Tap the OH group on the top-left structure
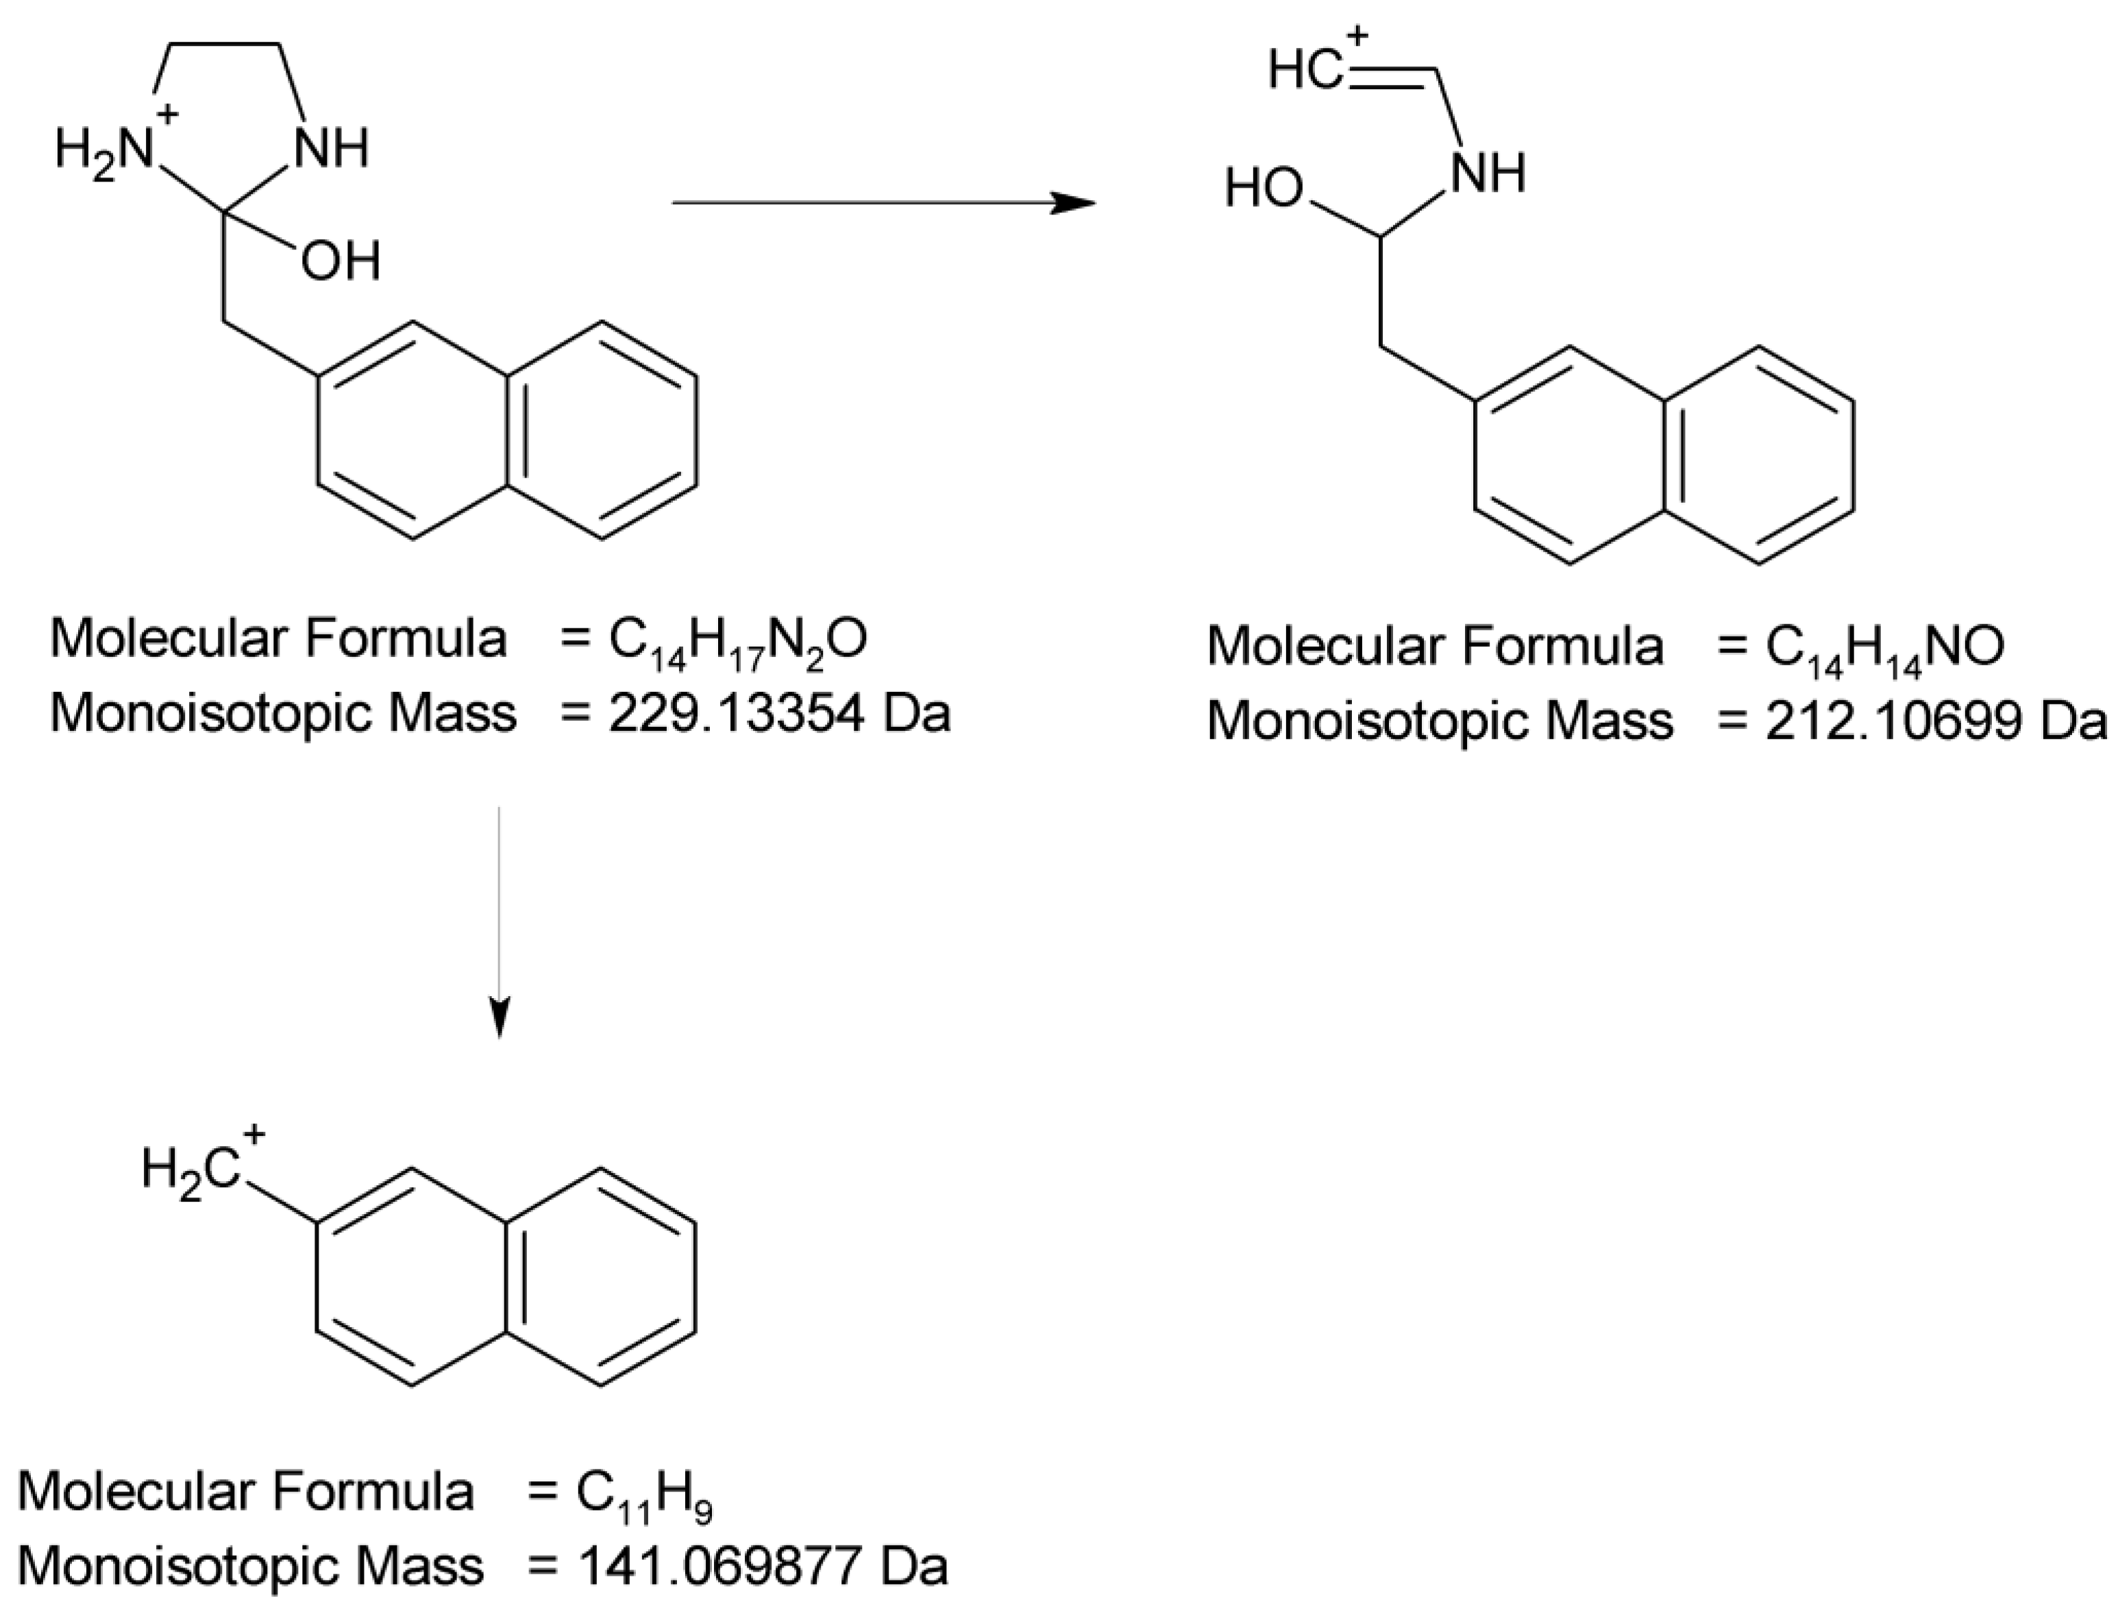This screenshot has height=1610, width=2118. pyautogui.click(x=341, y=262)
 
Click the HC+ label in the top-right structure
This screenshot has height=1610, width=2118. pyautogui.click(x=1310, y=67)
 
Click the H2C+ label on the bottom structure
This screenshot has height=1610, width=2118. pyautogui.click(x=197, y=1168)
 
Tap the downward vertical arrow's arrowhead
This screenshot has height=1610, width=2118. pyautogui.click(x=498, y=1018)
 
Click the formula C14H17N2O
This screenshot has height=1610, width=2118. pyautogui.click(x=738, y=640)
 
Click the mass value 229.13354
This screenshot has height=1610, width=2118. pyautogui.click(x=736, y=714)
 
